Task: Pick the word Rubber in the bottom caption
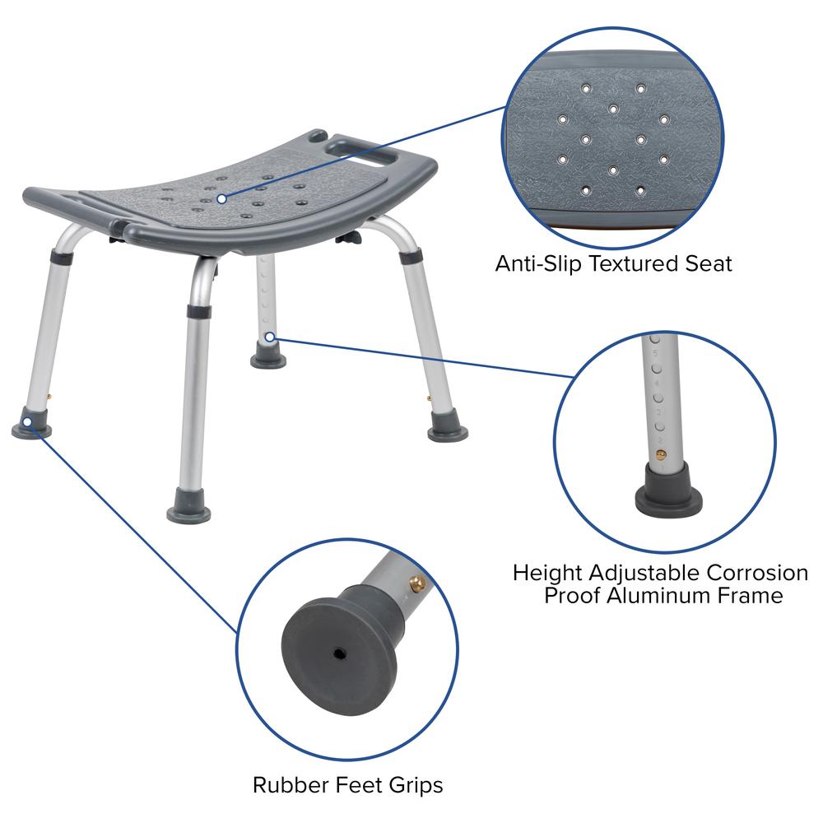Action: (288, 784)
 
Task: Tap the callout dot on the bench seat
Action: (221, 198)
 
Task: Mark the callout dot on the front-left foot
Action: (27, 422)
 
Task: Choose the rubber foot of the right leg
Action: (448, 425)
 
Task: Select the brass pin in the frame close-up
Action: (660, 444)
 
